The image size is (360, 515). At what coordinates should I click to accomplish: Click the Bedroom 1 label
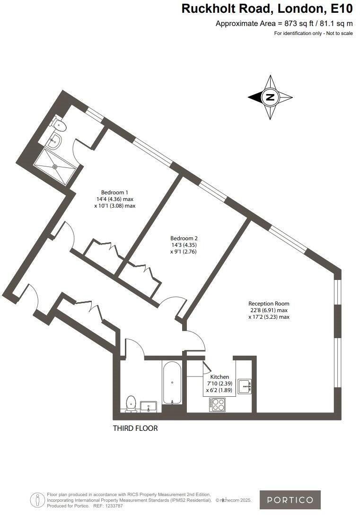114,192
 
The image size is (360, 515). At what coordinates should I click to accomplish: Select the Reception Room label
269,304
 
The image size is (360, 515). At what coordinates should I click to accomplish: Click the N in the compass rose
270,97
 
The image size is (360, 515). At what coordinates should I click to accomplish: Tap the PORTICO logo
290,500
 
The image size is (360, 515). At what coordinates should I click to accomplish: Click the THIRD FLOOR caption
135,428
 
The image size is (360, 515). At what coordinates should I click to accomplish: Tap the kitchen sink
245,386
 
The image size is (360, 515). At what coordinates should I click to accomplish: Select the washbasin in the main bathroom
149,406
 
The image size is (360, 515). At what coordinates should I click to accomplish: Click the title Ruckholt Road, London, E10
267,9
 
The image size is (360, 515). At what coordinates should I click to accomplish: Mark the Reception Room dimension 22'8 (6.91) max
269,310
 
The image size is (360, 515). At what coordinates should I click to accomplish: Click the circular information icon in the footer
37,499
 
